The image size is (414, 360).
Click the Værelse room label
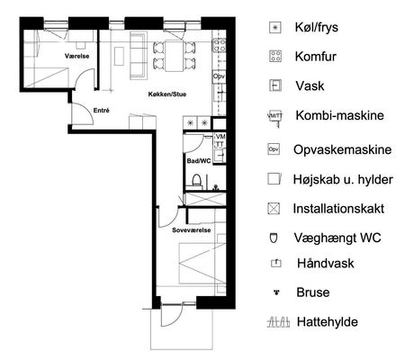pyautogui.click(x=76, y=56)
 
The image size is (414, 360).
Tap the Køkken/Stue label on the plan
pyautogui.click(x=167, y=94)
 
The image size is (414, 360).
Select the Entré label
pyautogui.click(x=102, y=111)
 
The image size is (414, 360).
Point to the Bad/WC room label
pyautogui.click(x=199, y=161)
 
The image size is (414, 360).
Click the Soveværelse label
pyautogui.click(x=192, y=230)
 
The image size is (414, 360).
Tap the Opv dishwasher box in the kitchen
pyautogui.click(x=219, y=76)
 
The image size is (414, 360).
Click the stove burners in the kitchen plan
pyautogui.click(x=220, y=45)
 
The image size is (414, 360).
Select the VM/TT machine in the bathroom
pyautogui.click(x=220, y=140)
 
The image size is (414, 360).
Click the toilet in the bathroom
pyautogui.click(x=196, y=181)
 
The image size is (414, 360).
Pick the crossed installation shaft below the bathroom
pyautogui.click(x=205, y=199)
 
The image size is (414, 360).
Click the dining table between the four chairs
pyautogui.click(x=175, y=56)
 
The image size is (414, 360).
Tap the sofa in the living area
pyautogui.click(x=139, y=56)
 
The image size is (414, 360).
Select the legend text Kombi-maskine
pyautogui.click(x=340, y=115)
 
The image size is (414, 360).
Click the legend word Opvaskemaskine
pyautogui.click(x=343, y=149)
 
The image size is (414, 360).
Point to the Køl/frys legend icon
pyautogui.click(x=275, y=28)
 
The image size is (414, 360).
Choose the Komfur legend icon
pyautogui.click(x=275, y=57)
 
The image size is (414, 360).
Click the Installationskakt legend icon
pyautogui.click(x=274, y=209)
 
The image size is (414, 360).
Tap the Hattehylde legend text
pyautogui.click(x=328, y=322)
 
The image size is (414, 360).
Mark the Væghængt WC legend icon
pyautogui.click(x=274, y=238)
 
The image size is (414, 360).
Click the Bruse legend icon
pyautogui.click(x=276, y=292)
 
